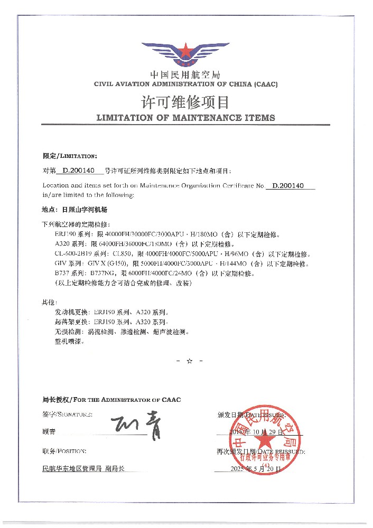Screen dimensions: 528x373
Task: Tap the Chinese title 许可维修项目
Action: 185,101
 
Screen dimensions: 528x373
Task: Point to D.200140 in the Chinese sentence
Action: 78,171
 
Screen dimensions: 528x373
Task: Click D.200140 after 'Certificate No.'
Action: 290,186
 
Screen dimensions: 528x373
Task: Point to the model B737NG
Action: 98,274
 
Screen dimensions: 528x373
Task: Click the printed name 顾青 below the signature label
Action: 49,431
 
